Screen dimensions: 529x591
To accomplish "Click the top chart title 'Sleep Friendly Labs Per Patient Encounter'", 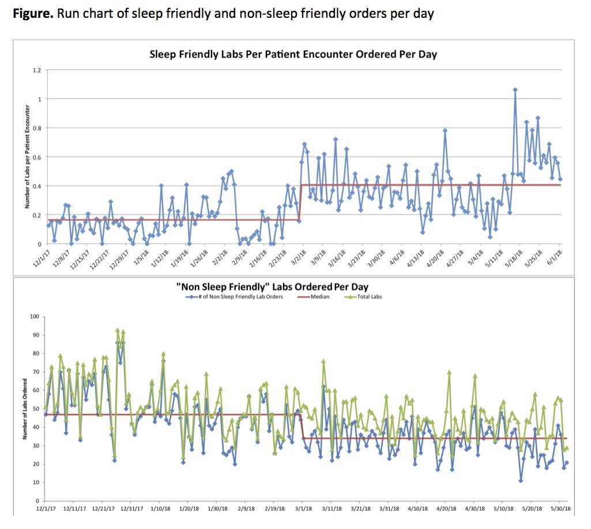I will [x=293, y=55].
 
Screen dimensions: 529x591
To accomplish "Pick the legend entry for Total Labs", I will [x=368, y=297].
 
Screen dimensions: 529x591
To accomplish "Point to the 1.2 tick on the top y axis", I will [x=37, y=70].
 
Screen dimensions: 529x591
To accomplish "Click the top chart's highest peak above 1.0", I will [x=515, y=90].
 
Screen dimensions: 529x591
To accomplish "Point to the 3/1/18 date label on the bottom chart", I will [x=303, y=509].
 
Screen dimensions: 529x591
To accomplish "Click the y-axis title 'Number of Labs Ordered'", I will [x=25, y=409].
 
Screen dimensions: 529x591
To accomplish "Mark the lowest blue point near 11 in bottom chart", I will [x=521, y=481].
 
